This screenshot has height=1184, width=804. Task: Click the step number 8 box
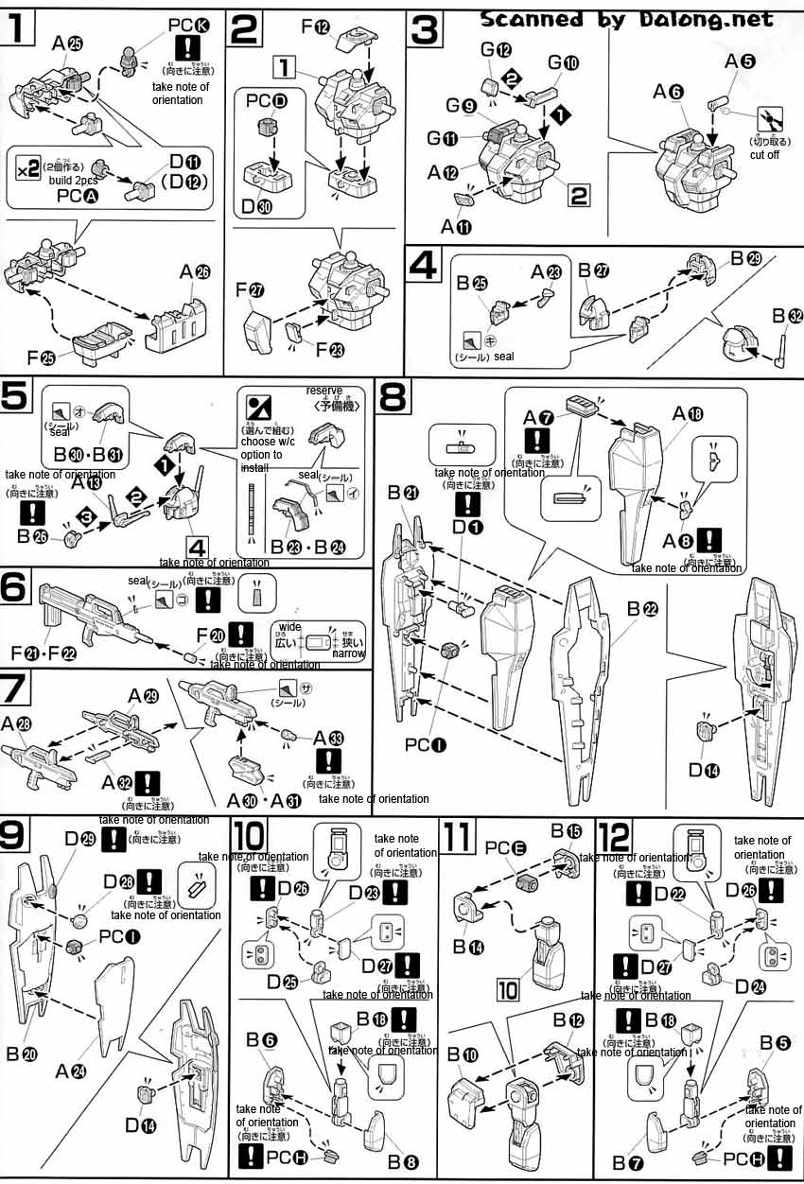tap(393, 396)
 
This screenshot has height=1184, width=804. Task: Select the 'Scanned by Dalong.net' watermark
tap(626, 19)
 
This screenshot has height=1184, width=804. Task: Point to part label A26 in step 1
tap(197, 271)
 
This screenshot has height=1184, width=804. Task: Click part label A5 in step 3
tap(740, 62)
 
